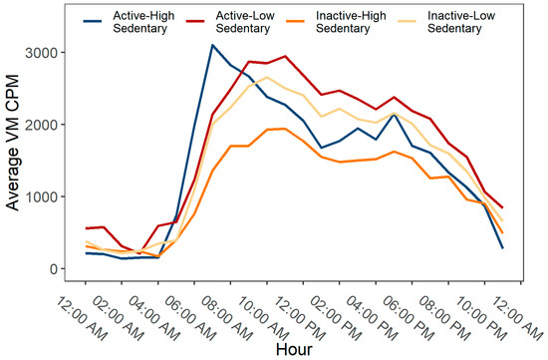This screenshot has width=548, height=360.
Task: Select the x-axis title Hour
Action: click(x=296, y=348)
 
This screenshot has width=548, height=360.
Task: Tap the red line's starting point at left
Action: click(x=59, y=229)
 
